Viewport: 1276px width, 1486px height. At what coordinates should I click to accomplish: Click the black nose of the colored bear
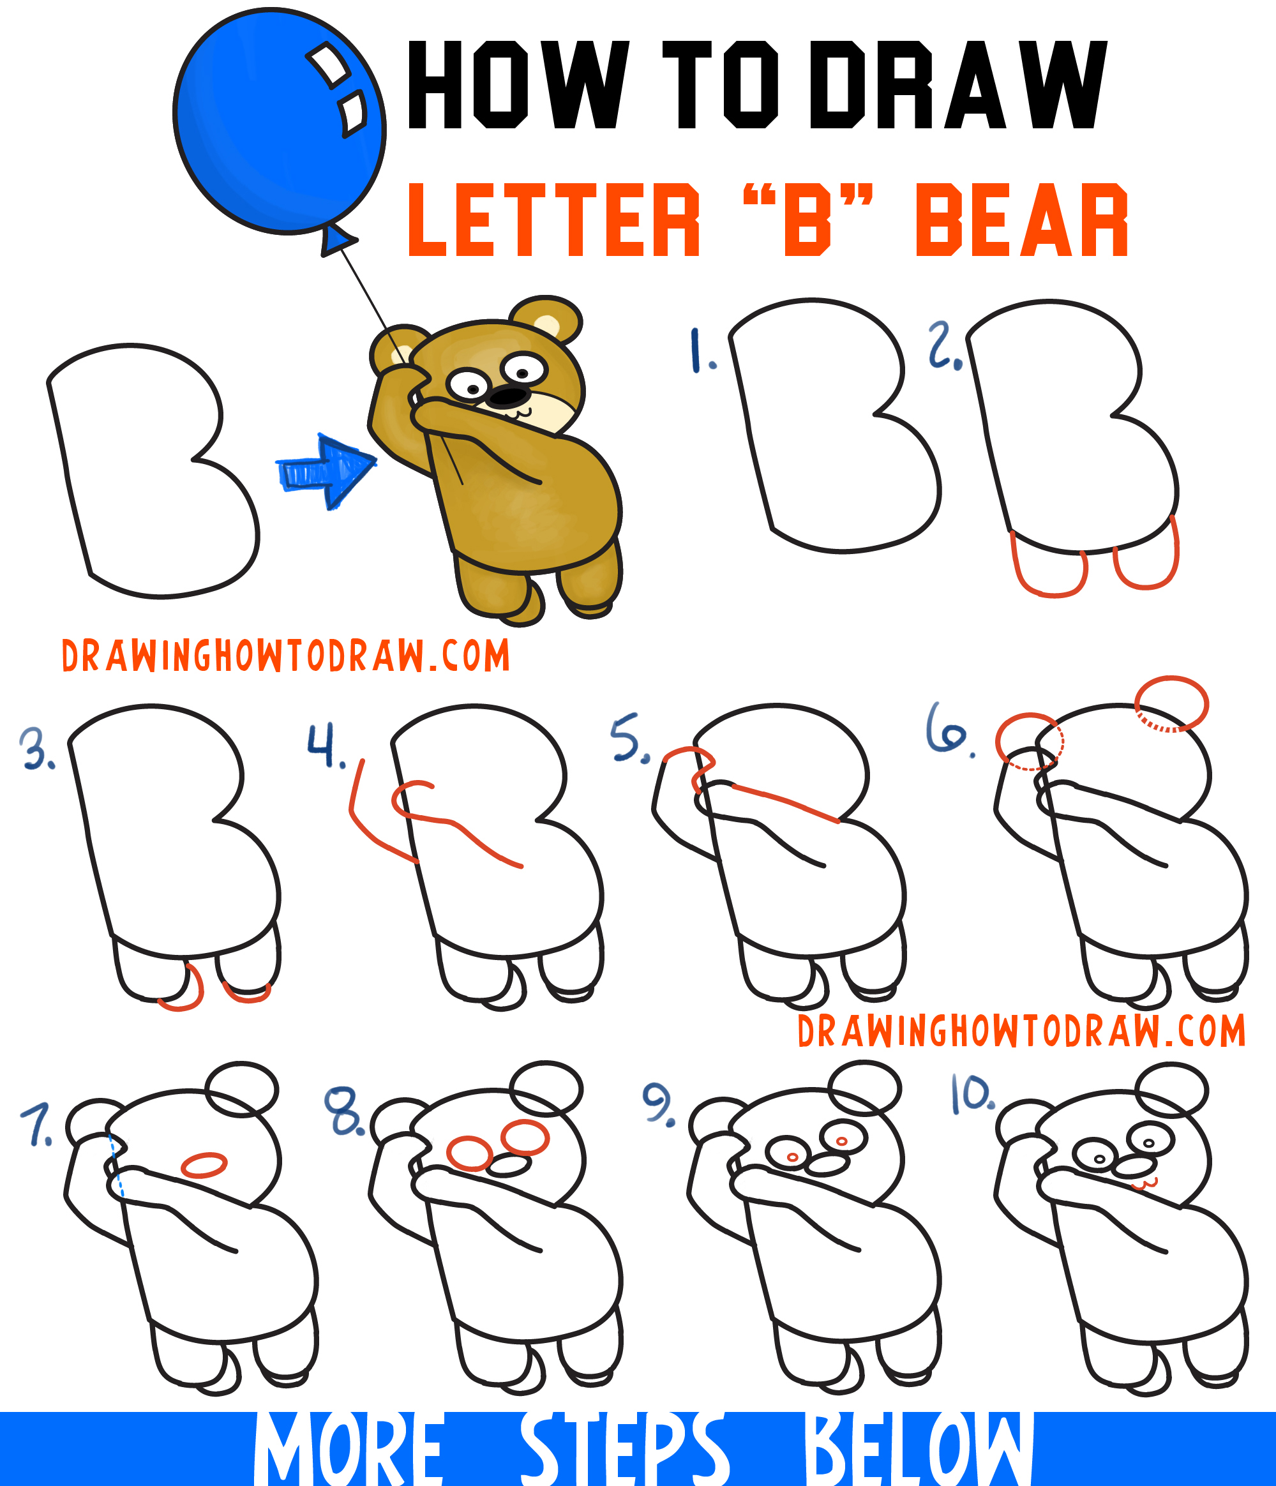click(x=509, y=396)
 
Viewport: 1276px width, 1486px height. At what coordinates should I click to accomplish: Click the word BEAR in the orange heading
click(x=1022, y=220)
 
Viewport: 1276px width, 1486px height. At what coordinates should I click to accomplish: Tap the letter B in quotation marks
click(x=807, y=220)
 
